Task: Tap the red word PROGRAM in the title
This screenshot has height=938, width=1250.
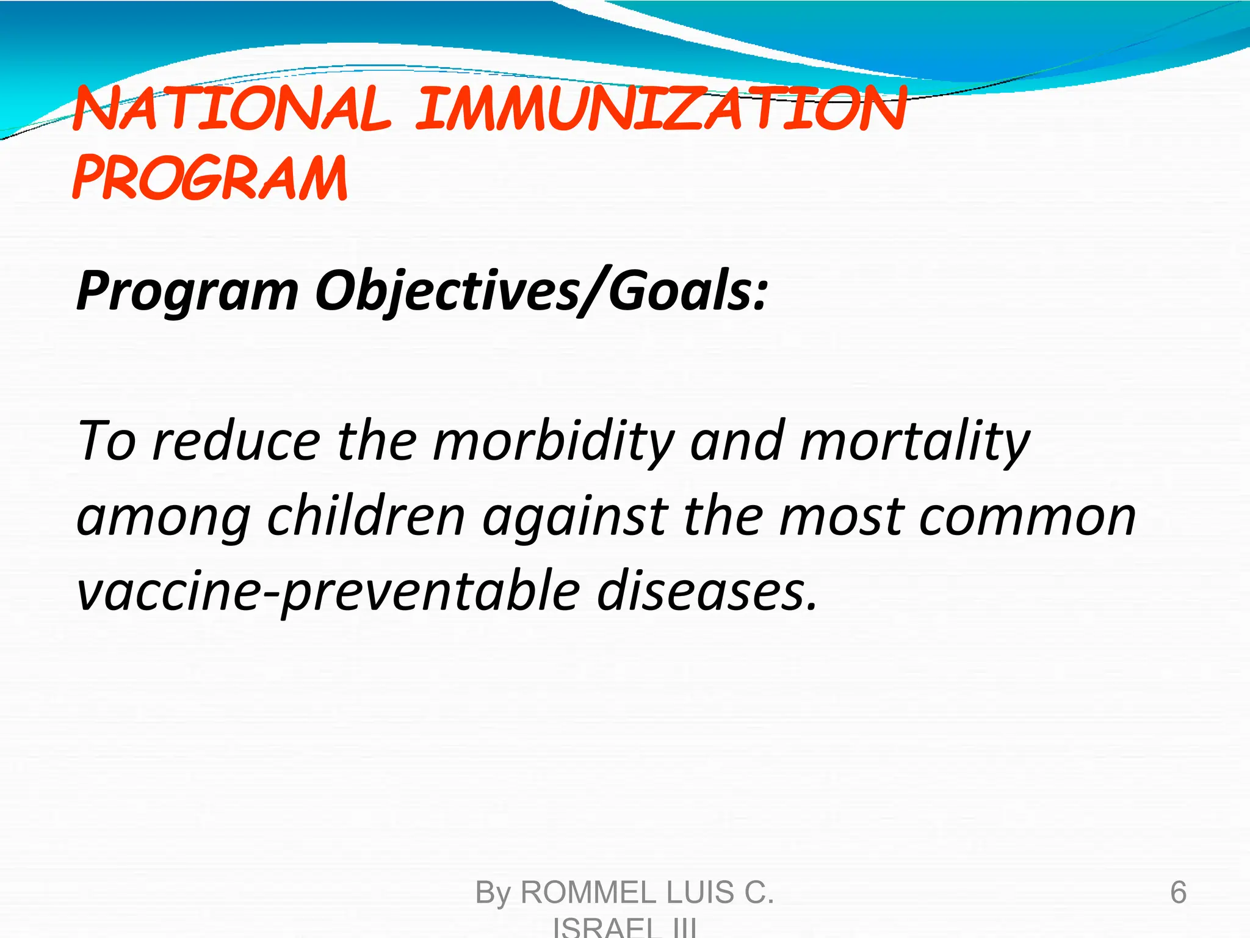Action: (x=210, y=178)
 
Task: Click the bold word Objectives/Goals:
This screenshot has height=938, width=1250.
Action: (x=541, y=292)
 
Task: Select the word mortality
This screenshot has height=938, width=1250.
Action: (x=915, y=441)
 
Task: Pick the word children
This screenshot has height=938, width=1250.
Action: (x=366, y=517)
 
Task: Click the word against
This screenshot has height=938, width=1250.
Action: (x=574, y=517)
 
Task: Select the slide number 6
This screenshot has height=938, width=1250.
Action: (x=1178, y=892)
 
